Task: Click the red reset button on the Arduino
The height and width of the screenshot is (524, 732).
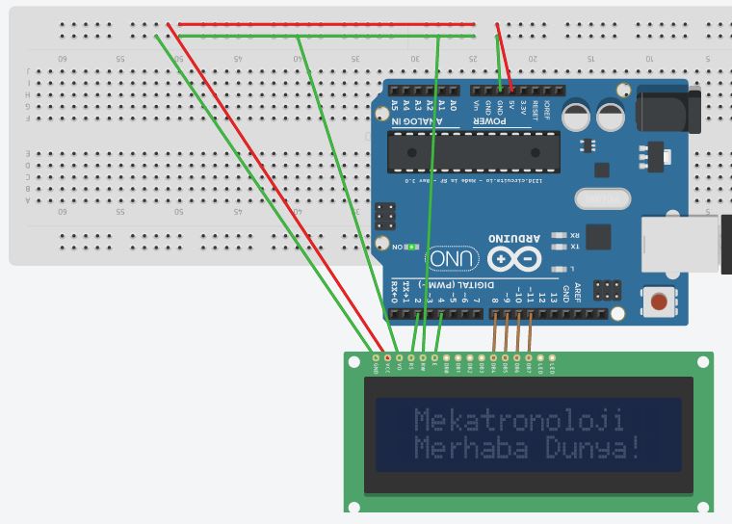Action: point(660,302)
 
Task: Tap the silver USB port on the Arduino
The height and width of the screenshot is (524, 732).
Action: point(680,244)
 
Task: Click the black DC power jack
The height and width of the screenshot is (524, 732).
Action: point(665,108)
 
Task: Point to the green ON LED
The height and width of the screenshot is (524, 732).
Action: point(412,247)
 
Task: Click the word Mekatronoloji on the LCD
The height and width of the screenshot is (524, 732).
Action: point(518,420)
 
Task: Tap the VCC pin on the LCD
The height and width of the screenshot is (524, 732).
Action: point(387,358)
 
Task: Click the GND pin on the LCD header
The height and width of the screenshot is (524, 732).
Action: point(376,358)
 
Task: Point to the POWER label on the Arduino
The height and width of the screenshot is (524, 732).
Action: point(490,122)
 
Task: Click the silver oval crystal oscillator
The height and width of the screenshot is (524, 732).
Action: point(601,199)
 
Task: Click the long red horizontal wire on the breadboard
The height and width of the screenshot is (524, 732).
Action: point(327,24)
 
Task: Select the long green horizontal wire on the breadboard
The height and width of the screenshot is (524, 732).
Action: point(327,37)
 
